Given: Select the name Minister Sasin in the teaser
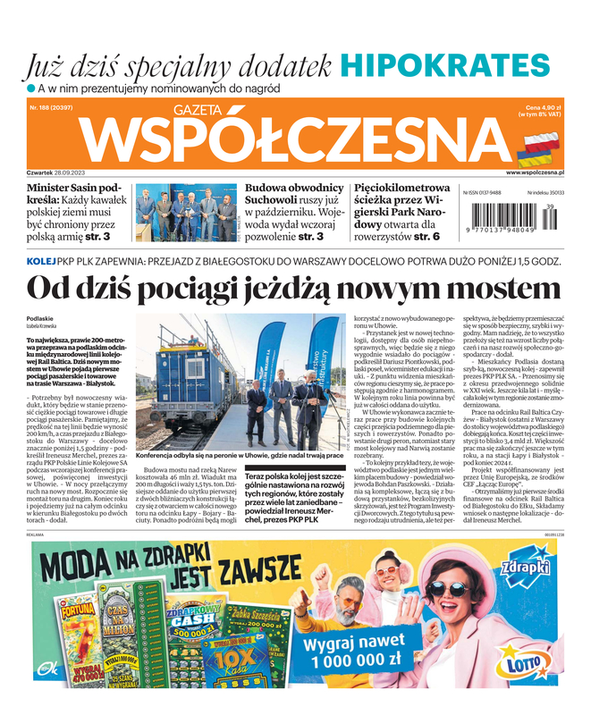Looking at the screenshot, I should (x=62, y=189).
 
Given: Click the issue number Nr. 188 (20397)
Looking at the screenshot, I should (x=51, y=107).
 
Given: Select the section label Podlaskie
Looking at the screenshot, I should (x=40, y=318).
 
